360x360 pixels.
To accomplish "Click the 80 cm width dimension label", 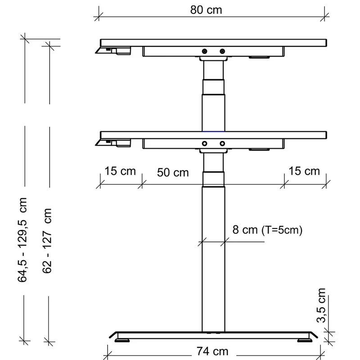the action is point(206,10).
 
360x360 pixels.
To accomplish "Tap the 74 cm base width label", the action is point(212,351).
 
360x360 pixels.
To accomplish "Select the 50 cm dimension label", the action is point(173,173).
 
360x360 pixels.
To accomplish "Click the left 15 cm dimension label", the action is point(120,171).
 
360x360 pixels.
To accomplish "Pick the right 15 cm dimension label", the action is point(304,171).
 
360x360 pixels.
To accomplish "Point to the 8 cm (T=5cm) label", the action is point(267,230).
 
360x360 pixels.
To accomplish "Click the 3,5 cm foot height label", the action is point(321,306).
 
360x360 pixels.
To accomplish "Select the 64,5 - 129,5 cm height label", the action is point(22,240).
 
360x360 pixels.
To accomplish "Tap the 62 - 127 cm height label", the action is point(47,241).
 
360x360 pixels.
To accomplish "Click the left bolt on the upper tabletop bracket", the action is point(204,51).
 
